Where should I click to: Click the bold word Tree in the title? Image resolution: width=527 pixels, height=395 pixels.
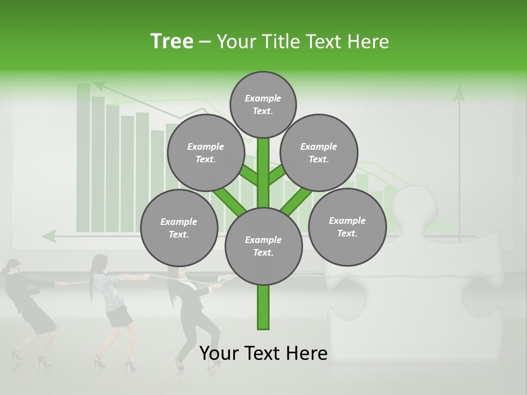point(172,42)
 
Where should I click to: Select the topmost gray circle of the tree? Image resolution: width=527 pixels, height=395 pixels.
point(263,104)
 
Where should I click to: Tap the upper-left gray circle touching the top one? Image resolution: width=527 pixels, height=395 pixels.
point(205,153)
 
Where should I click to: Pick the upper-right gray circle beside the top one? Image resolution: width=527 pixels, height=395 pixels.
point(319,153)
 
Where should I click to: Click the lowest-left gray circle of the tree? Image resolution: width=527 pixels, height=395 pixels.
point(179,228)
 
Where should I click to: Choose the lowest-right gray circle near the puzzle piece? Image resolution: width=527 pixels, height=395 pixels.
point(347,227)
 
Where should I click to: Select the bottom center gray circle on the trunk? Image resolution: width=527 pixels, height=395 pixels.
point(263,246)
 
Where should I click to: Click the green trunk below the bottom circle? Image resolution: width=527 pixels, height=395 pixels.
point(263,307)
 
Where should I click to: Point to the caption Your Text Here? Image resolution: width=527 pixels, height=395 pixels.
point(263,353)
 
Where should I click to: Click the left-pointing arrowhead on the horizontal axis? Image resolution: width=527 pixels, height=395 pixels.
point(49,236)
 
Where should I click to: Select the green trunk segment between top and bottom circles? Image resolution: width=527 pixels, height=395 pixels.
point(263,173)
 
